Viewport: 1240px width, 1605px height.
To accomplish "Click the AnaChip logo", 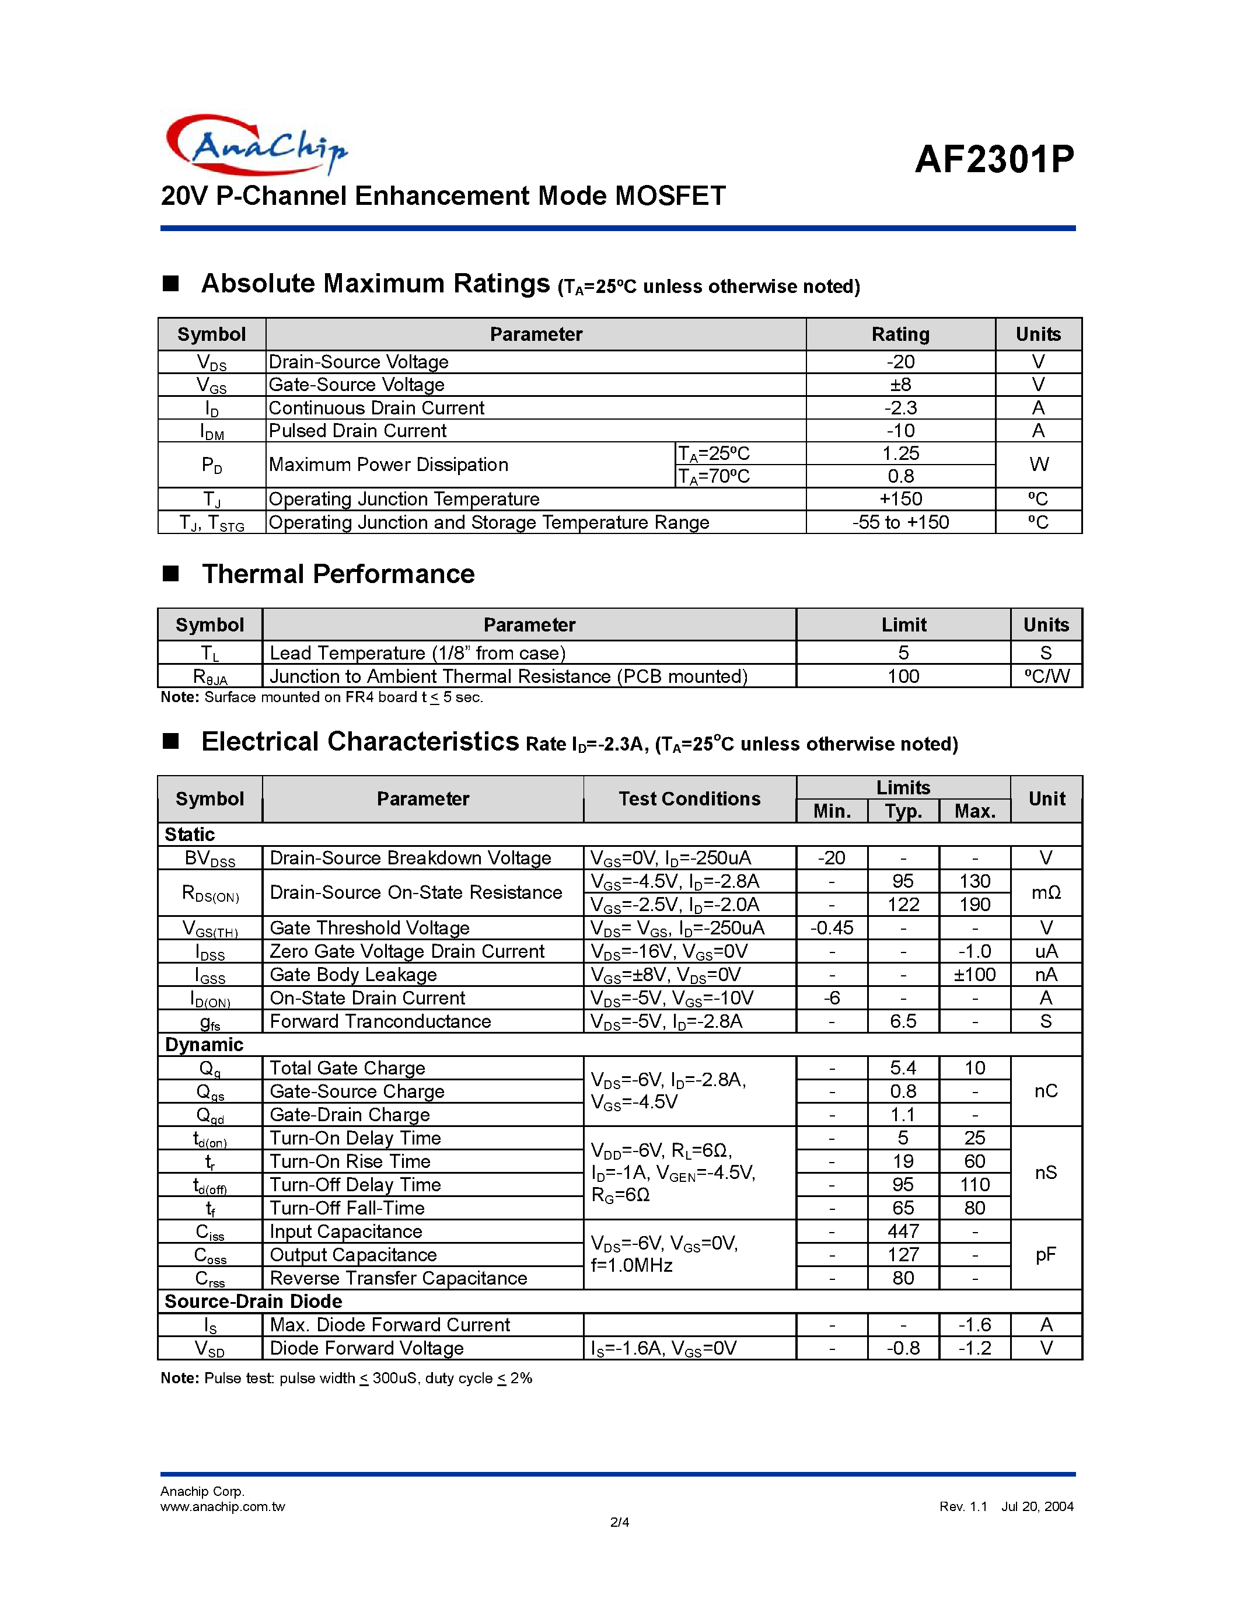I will (256, 145).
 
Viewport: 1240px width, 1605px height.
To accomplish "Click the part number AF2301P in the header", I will (994, 159).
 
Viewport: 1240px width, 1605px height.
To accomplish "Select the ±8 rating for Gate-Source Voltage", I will (900, 385).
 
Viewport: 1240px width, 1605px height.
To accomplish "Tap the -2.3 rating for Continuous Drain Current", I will (900, 408).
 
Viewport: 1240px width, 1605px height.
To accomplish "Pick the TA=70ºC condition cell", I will (713, 476).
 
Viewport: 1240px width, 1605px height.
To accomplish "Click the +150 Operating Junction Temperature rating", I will (900, 499).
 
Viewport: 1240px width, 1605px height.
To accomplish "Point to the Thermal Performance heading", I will (338, 574).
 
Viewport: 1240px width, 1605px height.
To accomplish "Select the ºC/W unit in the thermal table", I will (1046, 676).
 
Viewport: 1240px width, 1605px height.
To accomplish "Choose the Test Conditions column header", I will (689, 799).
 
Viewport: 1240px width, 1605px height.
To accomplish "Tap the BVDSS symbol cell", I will (209, 859).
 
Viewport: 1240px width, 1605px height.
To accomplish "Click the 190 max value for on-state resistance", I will (975, 905).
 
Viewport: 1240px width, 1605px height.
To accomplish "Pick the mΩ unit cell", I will (1046, 893).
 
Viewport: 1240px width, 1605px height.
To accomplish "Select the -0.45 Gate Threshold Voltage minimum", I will (832, 928).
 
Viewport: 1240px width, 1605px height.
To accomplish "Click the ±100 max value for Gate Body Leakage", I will (975, 975).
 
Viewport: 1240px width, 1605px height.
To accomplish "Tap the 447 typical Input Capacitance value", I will (903, 1231).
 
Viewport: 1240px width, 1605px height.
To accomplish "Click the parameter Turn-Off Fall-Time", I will (347, 1208).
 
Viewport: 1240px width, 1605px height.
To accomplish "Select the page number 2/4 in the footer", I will (619, 1522).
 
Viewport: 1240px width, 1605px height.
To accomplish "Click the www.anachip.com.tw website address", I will (222, 1506).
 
